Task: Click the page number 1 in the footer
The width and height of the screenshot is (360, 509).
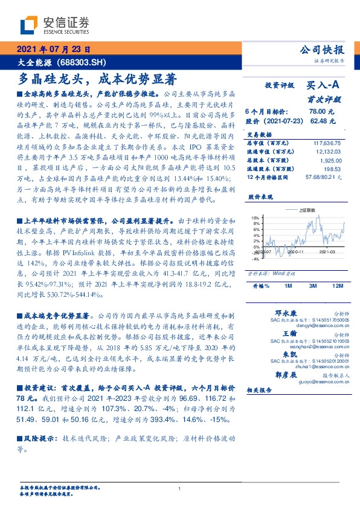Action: tap(179, 489)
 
